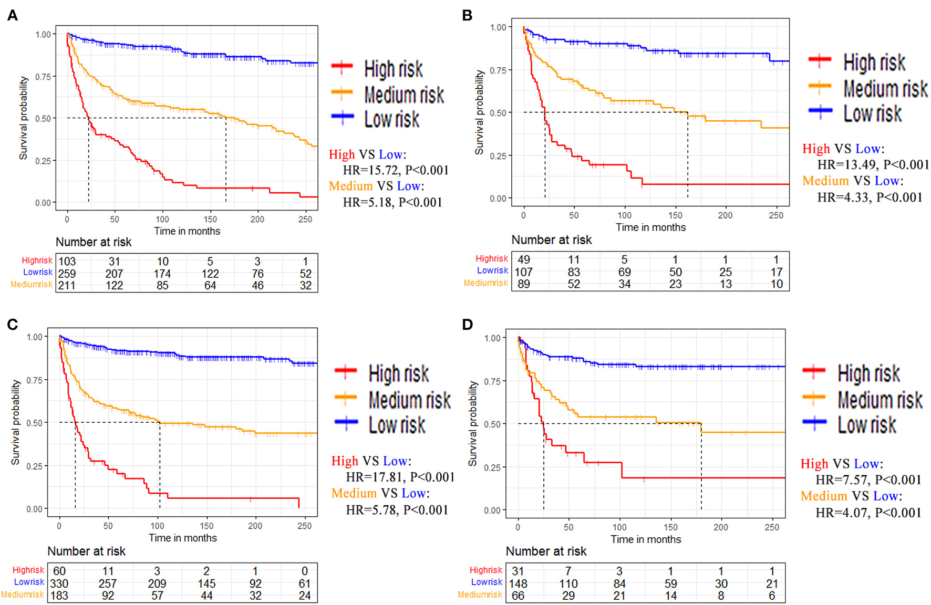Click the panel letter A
(x=13, y=16)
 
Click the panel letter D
(x=467, y=325)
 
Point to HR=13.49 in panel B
(x=847, y=165)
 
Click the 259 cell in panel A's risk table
(x=67, y=274)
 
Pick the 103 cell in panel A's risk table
(x=67, y=262)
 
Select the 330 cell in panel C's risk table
(x=59, y=583)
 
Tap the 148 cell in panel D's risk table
(x=518, y=583)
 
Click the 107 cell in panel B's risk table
(x=523, y=272)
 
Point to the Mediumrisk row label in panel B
(x=485, y=284)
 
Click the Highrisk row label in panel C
(x=28, y=570)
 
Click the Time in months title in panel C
(x=182, y=538)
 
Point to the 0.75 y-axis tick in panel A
(x=43, y=77)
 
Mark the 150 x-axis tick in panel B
(x=675, y=215)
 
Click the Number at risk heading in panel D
(x=546, y=551)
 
